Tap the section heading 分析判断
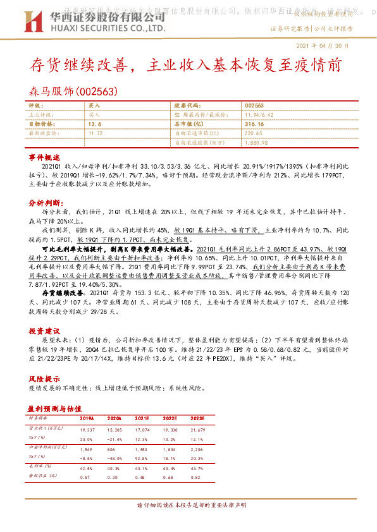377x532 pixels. (x=44, y=203)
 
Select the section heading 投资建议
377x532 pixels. (x=44, y=330)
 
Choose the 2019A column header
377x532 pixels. (x=86, y=418)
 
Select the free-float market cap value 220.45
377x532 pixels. (x=254, y=134)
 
